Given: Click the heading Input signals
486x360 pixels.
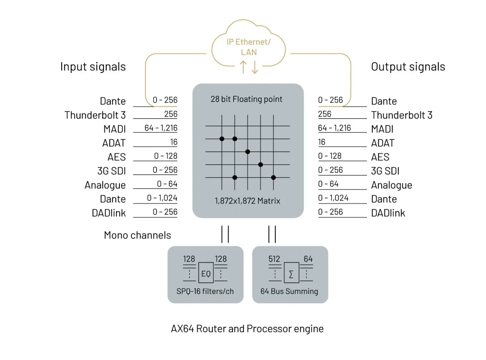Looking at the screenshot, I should [93, 67].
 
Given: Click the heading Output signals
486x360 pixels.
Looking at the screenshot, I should [408, 67].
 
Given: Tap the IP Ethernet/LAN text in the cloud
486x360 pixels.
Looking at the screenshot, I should [249, 47].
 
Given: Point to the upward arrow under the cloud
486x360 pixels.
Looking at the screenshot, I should [243, 67].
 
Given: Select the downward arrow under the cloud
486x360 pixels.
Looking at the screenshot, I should [255, 67].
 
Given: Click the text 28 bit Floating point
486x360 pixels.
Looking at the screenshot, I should [246, 99].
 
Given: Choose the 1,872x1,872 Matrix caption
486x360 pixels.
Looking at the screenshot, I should [247, 201].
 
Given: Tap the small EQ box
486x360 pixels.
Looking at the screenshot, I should [206, 274].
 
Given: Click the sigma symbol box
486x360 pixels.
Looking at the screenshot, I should [291, 274].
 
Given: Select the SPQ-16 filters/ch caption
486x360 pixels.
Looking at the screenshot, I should [205, 291].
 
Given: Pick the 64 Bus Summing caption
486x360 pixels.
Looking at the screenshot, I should [289, 291].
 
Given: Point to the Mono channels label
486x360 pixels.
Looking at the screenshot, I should [137, 235].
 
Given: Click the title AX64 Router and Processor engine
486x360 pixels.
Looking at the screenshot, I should [247, 329].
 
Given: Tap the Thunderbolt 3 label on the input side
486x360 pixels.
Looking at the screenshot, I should [95, 115].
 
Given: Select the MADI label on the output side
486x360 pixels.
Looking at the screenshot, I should [382, 129].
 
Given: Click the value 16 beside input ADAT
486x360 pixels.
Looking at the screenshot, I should [174, 142].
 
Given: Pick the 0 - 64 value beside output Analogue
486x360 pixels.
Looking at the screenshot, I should [328, 184].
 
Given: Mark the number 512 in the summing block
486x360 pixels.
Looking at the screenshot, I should [274, 259].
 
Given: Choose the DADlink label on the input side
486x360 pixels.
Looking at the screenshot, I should [108, 213].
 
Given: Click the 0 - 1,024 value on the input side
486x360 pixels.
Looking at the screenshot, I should [162, 198].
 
